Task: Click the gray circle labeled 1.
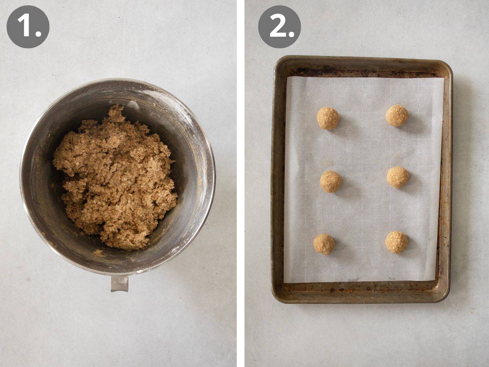pos(28,27)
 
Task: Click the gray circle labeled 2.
pos(279,27)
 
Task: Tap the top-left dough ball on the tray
pos(328,118)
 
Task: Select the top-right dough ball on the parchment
pos(397,115)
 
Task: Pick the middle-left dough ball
pos(330,181)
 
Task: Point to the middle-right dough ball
pos(398,177)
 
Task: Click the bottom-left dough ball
pos(324,244)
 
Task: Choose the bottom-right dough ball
pos(396,242)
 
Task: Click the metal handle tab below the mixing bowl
pos(119,283)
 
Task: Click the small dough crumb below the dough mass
pos(98,253)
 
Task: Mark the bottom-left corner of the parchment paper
pos(284,282)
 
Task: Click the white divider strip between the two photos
pos(240,183)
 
